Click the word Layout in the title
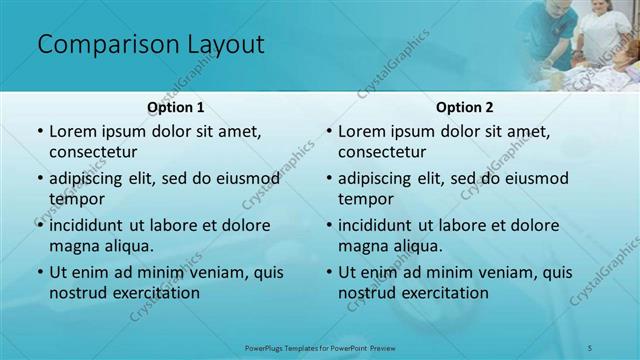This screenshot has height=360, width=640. tap(223, 44)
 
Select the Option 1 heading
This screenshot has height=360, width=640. tap(176, 107)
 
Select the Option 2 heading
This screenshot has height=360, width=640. tap(465, 107)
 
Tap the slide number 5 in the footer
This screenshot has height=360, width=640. tap(590, 347)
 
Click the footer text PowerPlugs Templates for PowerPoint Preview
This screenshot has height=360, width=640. tap(320, 347)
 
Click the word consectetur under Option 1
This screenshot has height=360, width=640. tap(93, 152)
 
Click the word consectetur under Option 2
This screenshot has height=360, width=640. tap(382, 152)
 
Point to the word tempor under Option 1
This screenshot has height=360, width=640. tap(75, 199)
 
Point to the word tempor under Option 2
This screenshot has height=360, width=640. tap(364, 199)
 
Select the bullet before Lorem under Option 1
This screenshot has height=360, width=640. tap(39, 131)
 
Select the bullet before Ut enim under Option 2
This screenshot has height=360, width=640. tap(328, 272)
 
